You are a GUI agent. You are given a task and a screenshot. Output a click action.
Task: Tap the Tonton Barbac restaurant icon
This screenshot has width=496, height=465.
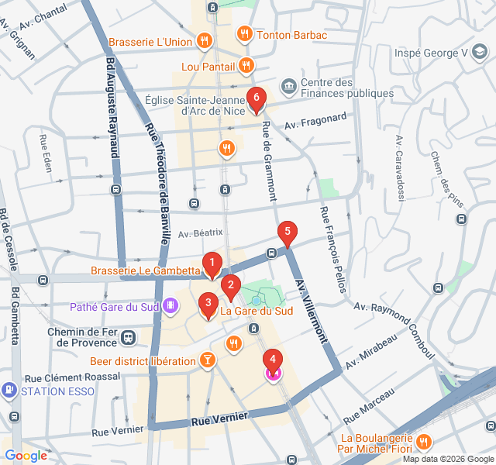coord(244,34)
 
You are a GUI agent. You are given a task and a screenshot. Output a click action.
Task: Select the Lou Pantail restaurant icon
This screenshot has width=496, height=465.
coord(246,66)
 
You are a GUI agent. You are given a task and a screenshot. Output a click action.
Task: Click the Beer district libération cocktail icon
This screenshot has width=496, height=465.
coord(208,360)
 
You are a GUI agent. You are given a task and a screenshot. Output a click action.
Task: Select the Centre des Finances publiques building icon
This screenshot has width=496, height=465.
coord(288,84)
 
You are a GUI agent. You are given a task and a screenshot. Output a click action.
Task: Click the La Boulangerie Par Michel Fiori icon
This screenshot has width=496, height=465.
coord(423,443)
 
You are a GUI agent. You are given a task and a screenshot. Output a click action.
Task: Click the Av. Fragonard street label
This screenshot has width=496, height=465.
coord(315,121)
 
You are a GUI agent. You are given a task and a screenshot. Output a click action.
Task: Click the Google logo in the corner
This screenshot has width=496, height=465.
coord(26,456)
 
